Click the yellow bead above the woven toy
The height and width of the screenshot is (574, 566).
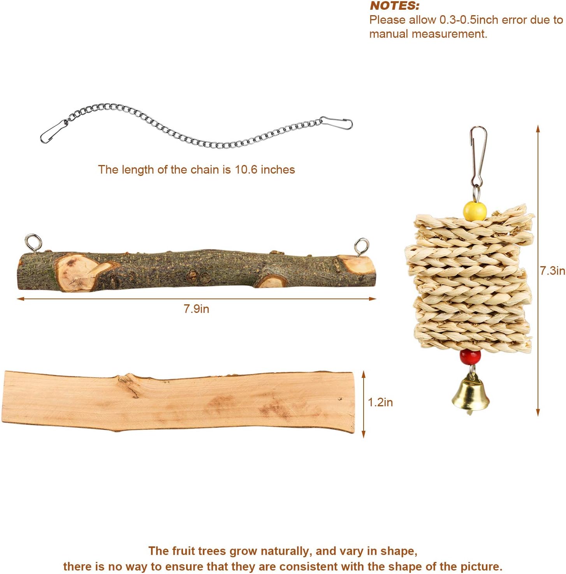coord(475,211)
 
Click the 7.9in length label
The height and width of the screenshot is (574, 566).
coord(196,309)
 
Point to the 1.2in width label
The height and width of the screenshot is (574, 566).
coord(380,402)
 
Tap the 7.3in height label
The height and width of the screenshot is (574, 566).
coord(552,270)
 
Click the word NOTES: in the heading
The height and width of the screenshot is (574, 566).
coord(394,6)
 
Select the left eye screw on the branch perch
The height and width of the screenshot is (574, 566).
coord(33,243)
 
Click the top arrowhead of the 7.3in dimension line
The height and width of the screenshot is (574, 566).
coord(538,129)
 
